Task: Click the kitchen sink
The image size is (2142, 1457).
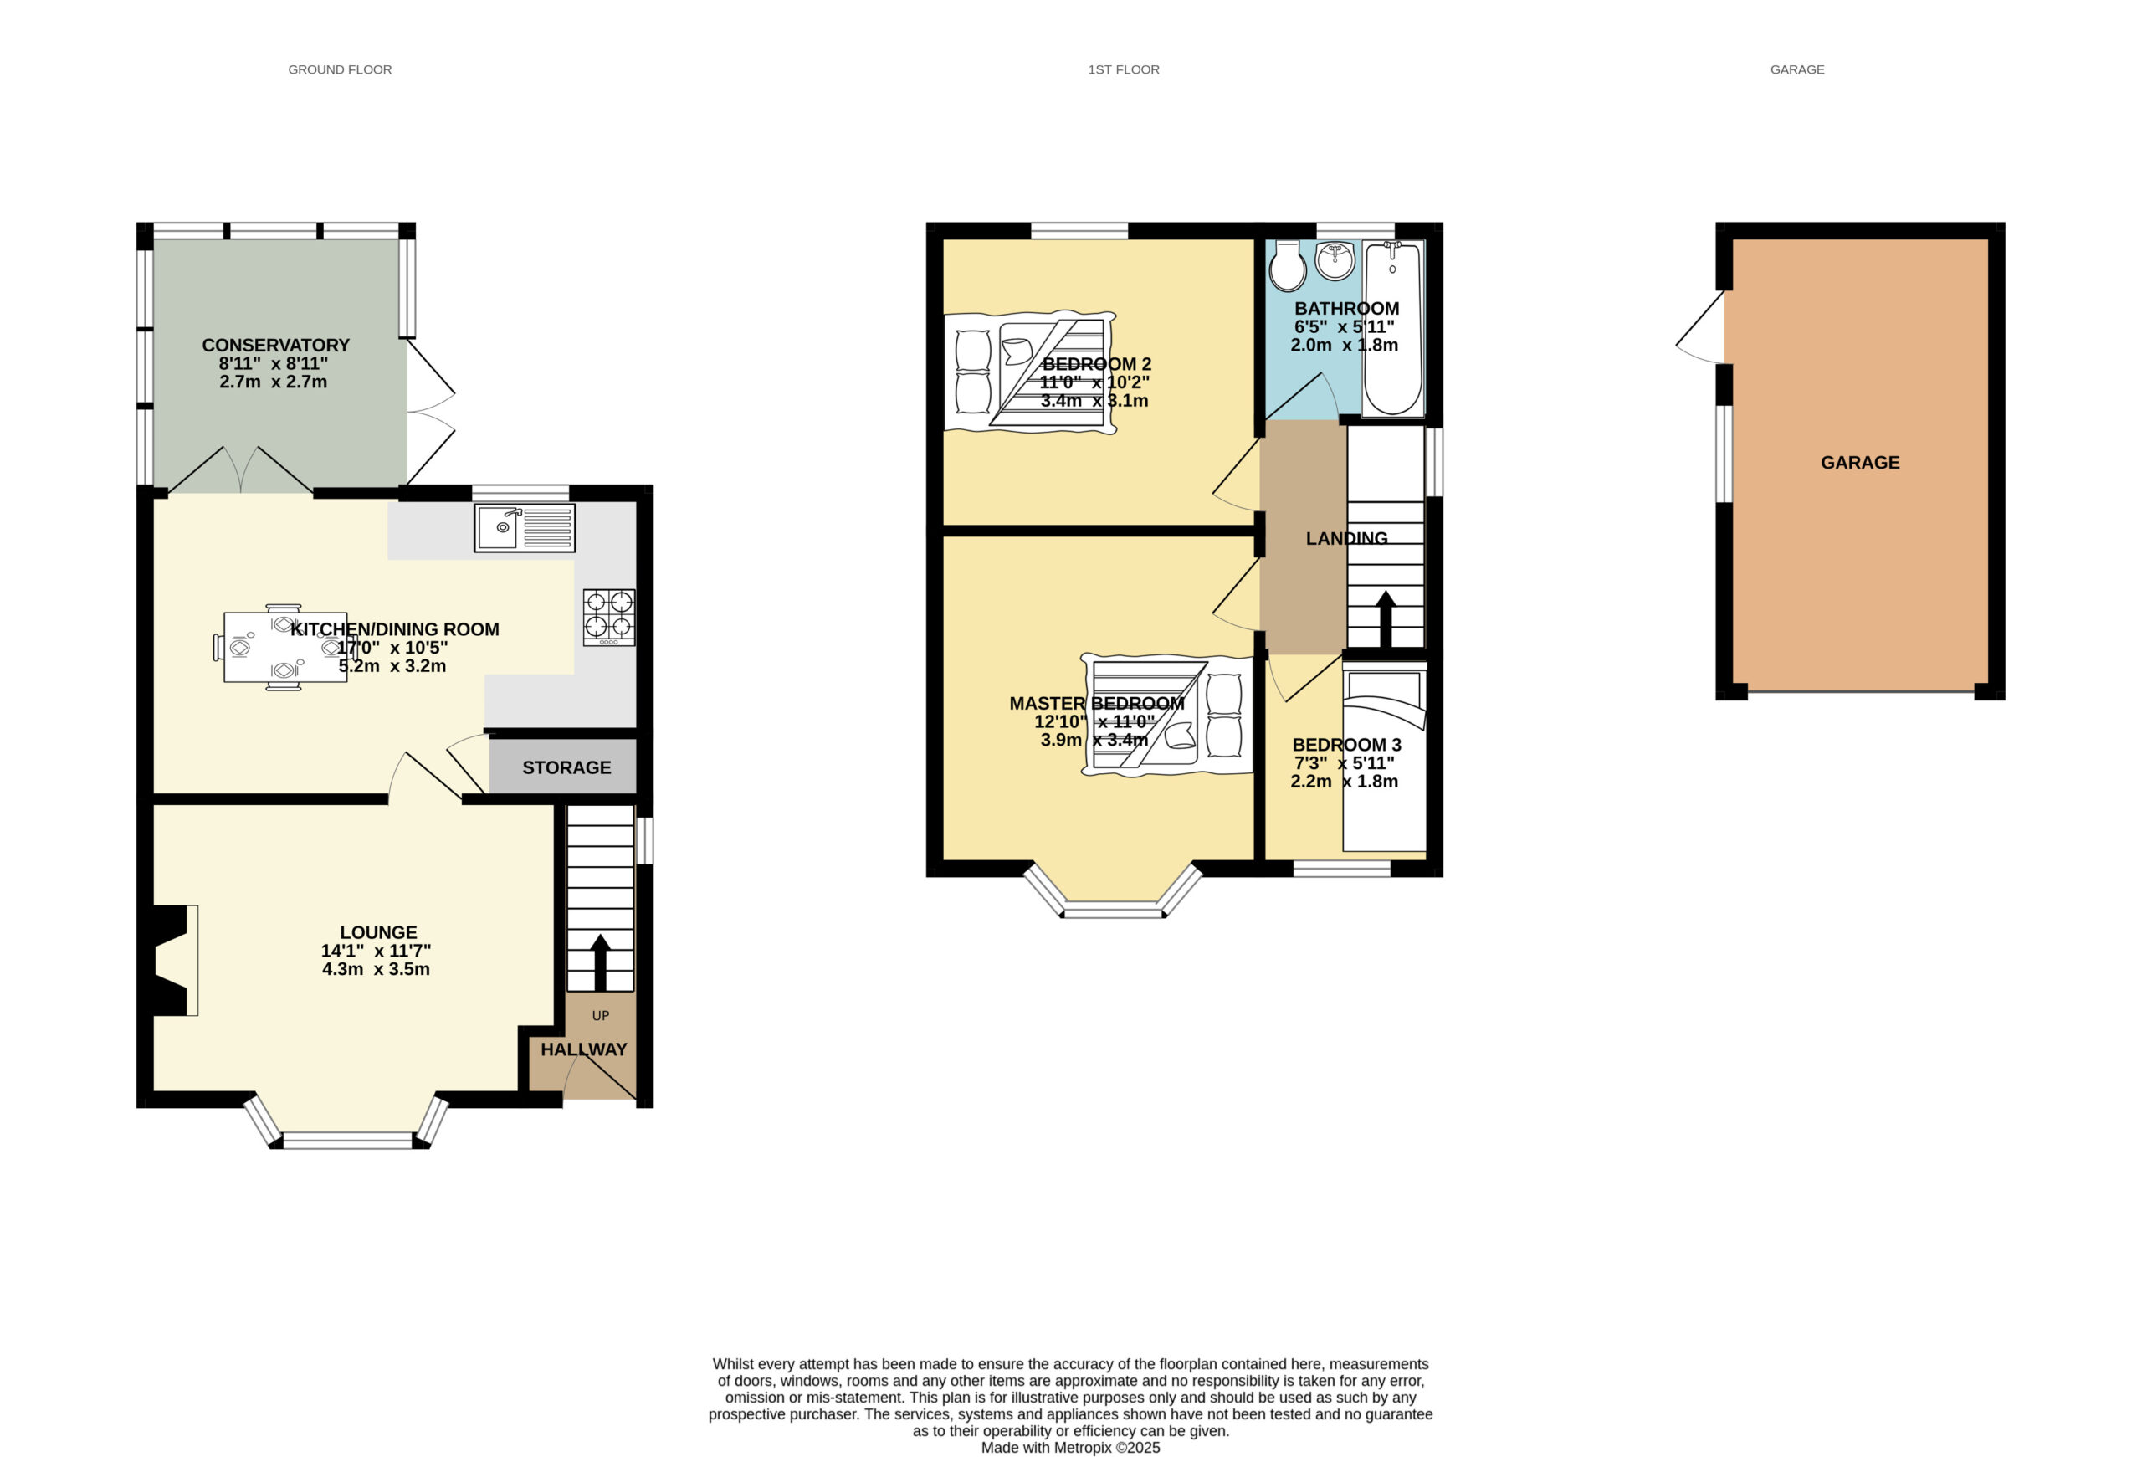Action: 525,528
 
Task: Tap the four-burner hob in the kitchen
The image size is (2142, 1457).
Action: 609,618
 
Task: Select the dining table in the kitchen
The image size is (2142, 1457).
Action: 284,648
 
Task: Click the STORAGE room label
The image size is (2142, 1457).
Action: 566,767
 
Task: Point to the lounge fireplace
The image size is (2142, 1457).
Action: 172,960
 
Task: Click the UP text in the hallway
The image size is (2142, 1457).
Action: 601,1016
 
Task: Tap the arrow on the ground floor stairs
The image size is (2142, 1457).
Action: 600,962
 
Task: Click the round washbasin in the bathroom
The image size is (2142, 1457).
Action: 1335,260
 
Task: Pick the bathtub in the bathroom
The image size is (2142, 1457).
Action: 1392,329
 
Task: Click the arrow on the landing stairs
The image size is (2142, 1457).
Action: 1386,619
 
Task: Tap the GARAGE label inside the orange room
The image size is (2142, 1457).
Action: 1860,463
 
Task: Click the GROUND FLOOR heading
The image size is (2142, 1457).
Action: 340,70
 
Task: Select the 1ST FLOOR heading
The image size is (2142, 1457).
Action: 1124,70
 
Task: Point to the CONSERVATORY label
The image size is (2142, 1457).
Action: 275,346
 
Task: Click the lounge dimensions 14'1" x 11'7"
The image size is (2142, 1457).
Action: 376,951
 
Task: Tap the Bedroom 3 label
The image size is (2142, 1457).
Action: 1346,745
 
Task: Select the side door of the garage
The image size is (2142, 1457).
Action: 1701,327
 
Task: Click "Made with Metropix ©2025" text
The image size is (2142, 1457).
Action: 1070,1448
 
